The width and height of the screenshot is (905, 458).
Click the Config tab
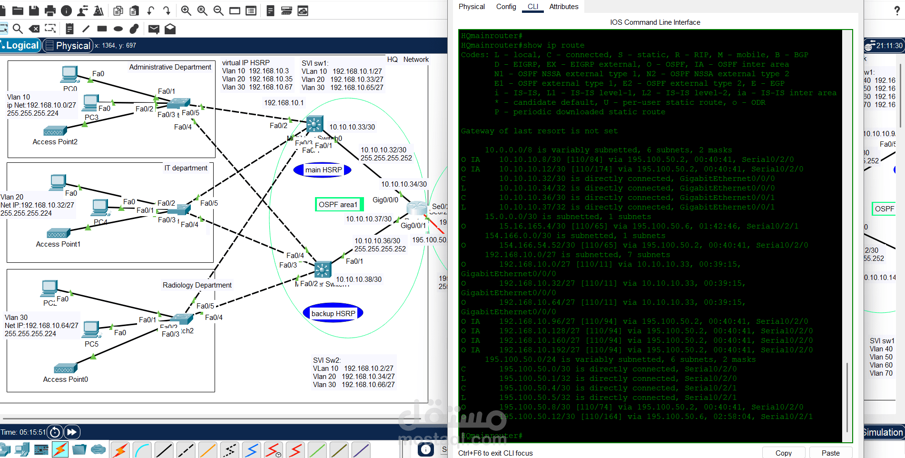(506, 7)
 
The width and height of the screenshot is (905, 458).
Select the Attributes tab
(563, 7)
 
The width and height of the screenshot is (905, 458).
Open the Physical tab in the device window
(472, 7)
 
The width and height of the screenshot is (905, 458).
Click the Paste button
(830, 453)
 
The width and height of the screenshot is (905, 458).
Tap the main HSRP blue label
(323, 170)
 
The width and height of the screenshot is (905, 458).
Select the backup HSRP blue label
(333, 313)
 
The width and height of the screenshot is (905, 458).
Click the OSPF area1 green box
(338, 205)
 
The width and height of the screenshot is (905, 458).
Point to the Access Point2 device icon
(55, 131)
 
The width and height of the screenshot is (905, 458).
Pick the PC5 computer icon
(91, 329)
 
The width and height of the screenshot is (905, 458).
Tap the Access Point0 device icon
(66, 368)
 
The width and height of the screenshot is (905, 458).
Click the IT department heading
(186, 168)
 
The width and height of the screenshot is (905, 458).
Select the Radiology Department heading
(197, 285)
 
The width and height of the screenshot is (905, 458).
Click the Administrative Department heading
(170, 67)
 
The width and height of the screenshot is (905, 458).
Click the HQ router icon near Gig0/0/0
(417, 208)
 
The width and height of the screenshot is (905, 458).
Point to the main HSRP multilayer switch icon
(315, 124)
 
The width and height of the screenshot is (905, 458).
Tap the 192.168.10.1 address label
(284, 103)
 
